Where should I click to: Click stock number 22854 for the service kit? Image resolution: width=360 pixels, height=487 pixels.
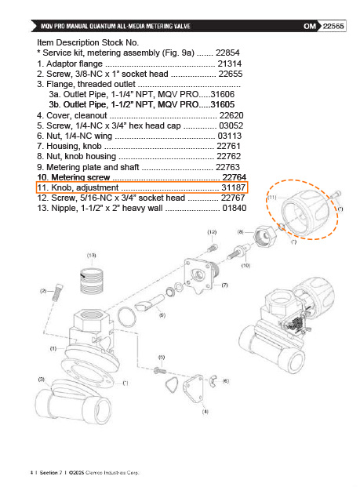(x=227, y=53)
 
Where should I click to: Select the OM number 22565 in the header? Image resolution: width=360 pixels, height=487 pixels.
(x=333, y=26)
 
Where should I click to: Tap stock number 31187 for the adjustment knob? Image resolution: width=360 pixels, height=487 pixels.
(x=233, y=187)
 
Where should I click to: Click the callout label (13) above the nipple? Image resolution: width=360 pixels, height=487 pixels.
(x=91, y=256)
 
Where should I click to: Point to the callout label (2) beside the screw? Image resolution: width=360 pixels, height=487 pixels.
(x=43, y=291)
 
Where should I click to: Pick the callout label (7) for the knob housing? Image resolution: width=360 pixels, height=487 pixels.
(x=224, y=285)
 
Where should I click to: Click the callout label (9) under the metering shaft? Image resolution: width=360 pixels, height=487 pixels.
(x=162, y=315)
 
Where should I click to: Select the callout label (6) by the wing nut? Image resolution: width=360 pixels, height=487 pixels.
(x=226, y=381)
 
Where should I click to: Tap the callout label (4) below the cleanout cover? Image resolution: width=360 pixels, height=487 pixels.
(x=205, y=412)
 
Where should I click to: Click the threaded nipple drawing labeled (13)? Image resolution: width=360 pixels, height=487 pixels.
(x=92, y=281)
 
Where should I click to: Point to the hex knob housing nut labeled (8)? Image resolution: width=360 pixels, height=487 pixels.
(x=265, y=236)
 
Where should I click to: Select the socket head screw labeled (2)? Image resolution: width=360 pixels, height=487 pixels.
(x=56, y=293)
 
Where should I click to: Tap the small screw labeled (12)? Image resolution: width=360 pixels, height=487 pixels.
(x=213, y=248)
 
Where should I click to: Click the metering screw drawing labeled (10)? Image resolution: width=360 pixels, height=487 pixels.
(x=238, y=252)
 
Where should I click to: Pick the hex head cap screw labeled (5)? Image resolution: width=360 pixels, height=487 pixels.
(x=160, y=370)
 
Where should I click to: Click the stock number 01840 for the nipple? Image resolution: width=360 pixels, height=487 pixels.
(x=235, y=208)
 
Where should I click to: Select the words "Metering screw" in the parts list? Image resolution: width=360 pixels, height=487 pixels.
(x=81, y=177)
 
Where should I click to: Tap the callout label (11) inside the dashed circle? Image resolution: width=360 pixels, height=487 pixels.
(x=272, y=197)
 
